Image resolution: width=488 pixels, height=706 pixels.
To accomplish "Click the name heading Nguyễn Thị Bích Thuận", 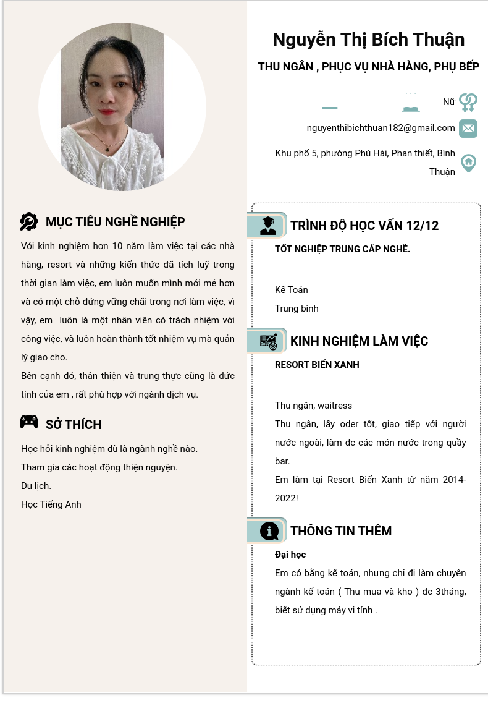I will [x=368, y=40].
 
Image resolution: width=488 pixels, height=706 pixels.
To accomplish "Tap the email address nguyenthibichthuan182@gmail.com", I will [x=381, y=128].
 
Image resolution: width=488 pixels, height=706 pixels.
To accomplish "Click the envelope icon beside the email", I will [x=468, y=129].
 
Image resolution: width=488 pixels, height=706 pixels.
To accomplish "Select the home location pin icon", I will [x=469, y=163].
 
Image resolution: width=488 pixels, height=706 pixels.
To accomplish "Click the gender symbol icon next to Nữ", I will [x=469, y=102].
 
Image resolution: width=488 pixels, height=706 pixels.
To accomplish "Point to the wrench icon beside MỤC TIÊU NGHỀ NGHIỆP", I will [x=29, y=221].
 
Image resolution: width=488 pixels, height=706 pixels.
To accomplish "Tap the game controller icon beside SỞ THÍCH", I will [x=29, y=422].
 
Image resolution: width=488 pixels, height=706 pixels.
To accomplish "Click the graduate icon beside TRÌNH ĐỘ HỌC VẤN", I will [x=268, y=226].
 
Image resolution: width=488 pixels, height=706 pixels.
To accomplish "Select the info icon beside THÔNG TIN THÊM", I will [x=269, y=531].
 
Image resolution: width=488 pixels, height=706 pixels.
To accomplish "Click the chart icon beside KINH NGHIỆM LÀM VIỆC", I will [x=269, y=341].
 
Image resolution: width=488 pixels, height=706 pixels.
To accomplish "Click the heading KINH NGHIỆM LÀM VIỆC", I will [x=359, y=341].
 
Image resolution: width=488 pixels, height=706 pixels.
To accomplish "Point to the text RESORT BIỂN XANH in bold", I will [x=317, y=365].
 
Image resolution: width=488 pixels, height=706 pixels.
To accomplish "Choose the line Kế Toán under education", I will [x=292, y=290].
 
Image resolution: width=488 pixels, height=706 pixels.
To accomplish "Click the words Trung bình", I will [x=297, y=308].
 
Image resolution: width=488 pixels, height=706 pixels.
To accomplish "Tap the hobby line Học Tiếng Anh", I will [x=51, y=504].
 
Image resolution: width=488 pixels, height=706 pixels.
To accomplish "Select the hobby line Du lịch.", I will [x=36, y=486].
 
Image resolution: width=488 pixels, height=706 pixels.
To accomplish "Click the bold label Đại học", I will [x=290, y=555].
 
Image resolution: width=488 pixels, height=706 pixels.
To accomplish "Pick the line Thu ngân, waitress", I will [x=313, y=406].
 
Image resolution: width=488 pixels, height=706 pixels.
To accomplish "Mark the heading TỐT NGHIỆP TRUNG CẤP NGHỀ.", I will [x=342, y=249].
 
